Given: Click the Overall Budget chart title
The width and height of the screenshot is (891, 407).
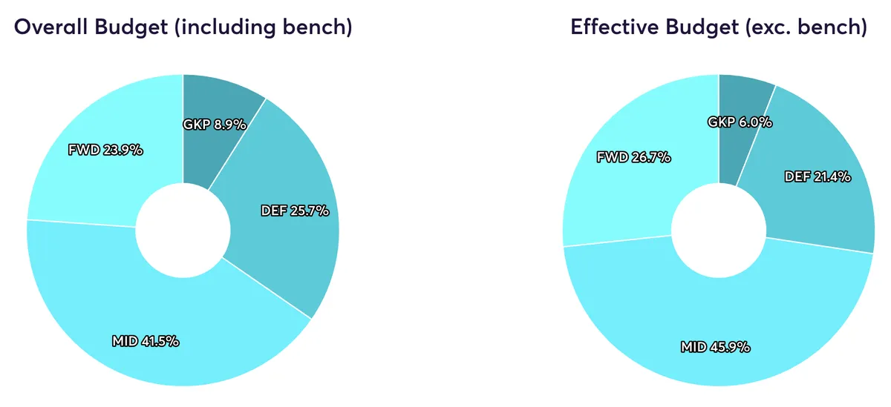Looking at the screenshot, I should click(183, 27).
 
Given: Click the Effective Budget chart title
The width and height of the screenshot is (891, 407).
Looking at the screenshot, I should click(718, 27).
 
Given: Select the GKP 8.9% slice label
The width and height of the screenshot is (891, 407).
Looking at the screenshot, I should click(214, 125).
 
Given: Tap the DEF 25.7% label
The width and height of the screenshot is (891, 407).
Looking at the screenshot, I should click(295, 211).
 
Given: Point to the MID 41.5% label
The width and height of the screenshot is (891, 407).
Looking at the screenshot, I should click(146, 342).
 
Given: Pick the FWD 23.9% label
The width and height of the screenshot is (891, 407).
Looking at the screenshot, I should click(105, 150).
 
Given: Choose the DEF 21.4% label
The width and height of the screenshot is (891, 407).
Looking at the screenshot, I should click(817, 176).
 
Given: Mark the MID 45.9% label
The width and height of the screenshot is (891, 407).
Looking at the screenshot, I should click(715, 346).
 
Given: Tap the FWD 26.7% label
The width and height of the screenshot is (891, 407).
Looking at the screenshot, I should click(634, 157).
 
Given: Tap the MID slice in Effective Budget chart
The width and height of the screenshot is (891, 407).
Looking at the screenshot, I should click(742, 311).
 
